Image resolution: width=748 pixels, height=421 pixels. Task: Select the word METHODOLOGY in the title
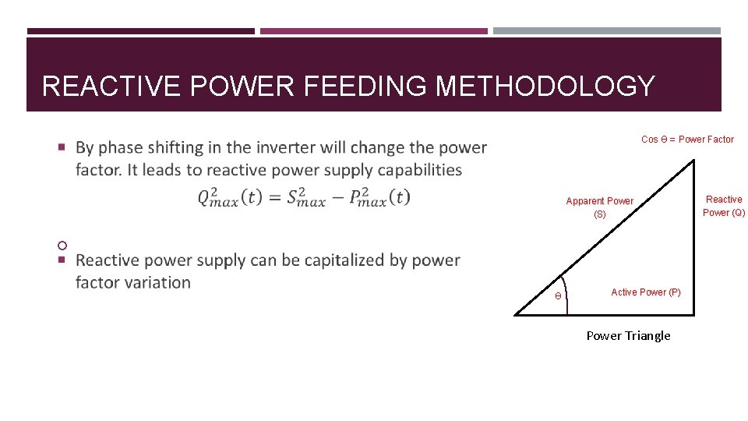pos(545,87)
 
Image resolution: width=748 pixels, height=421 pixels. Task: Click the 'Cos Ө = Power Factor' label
pos(687,140)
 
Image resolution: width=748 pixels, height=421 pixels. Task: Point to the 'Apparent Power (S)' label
pos(599,207)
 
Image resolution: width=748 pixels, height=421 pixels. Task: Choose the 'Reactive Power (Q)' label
pos(724,206)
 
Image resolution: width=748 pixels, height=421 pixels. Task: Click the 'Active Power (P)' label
pos(645,292)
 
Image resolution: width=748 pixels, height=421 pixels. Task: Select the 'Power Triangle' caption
pos(628,336)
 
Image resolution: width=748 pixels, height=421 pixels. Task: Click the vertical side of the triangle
pos(693,234)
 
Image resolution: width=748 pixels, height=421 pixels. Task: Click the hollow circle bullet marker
pos(62,246)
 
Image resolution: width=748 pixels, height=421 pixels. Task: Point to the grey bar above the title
pos(606,31)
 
